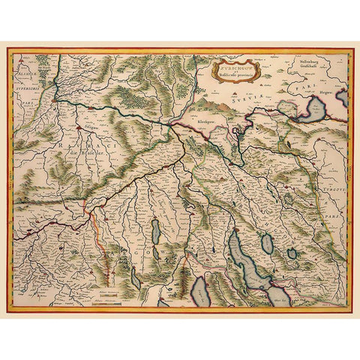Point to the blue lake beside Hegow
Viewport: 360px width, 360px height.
point(314,110)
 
